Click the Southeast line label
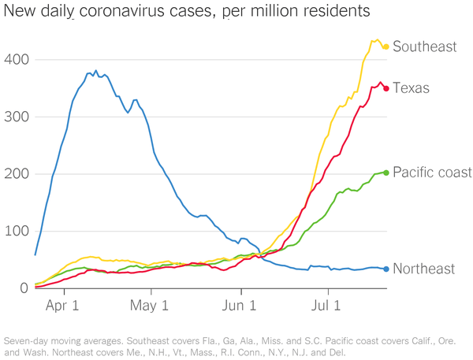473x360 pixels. pyautogui.click(x=424, y=46)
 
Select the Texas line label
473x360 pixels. pyautogui.click(x=411, y=87)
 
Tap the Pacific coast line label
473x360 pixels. pyautogui.click(x=432, y=173)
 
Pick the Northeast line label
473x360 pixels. pyautogui.click(x=424, y=269)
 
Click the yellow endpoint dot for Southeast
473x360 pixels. pyautogui.click(x=385, y=46)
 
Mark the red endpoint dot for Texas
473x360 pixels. pyautogui.click(x=386, y=88)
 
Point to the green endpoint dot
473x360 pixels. pyautogui.click(x=386, y=173)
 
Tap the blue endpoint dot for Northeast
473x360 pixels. pyautogui.click(x=386, y=269)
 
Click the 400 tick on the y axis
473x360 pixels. pyautogui.click(x=15, y=60)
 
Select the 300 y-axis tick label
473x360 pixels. pyautogui.click(x=15, y=117)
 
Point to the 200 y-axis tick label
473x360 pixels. pyautogui.click(x=15, y=174)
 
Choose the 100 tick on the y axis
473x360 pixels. pyautogui.click(x=15, y=232)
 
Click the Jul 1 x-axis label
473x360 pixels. pyautogui.click(x=326, y=305)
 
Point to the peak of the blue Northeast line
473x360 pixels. pyautogui.click(x=96, y=71)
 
